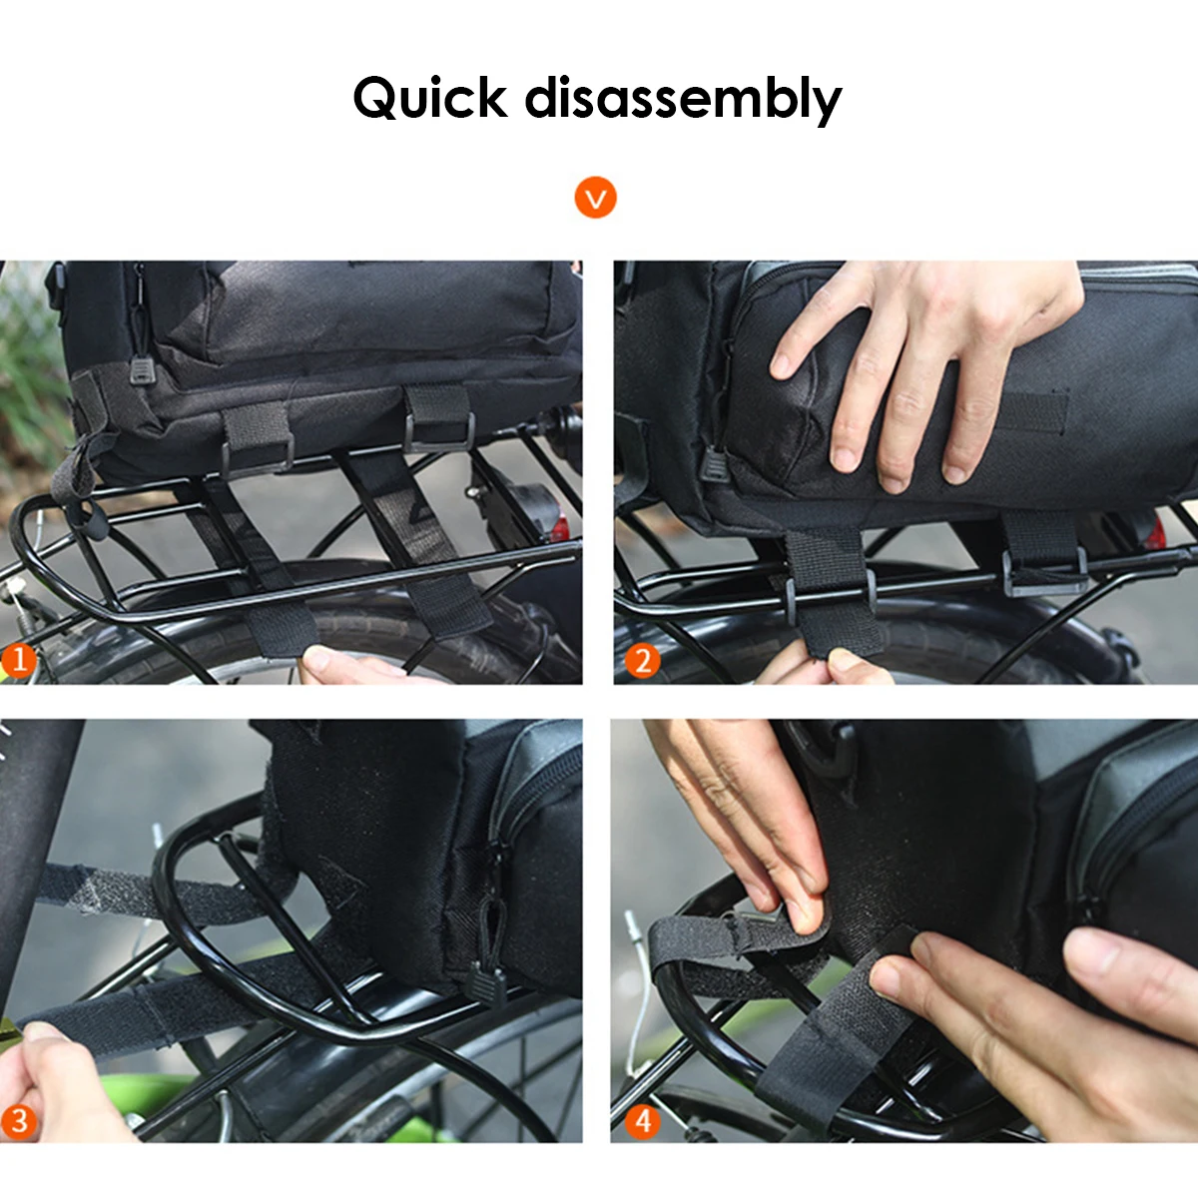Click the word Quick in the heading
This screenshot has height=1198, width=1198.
429,98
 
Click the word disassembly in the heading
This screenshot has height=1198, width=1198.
683,100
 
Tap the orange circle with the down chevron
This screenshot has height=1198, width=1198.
595,198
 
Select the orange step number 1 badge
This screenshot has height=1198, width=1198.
19,660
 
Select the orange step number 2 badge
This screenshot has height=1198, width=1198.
642,660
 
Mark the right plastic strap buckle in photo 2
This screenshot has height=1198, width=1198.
1045,573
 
